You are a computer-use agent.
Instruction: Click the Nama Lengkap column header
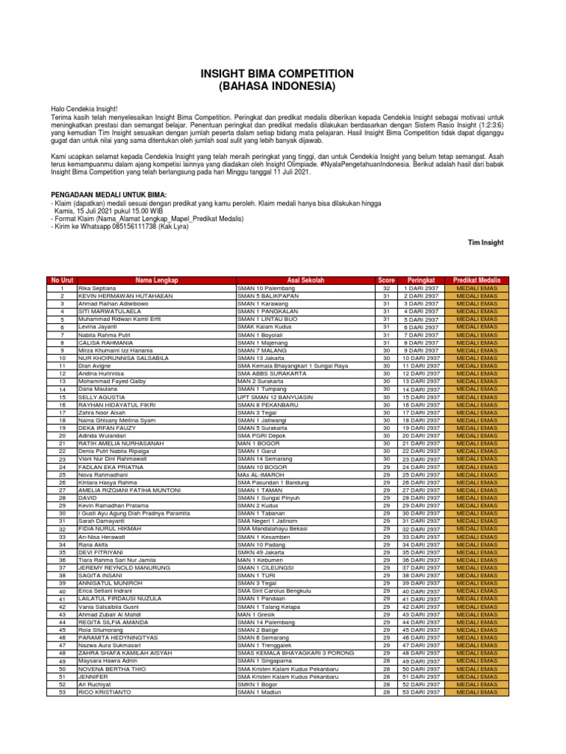(156, 281)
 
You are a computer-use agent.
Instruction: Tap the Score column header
(386, 281)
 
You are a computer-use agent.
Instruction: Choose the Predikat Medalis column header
(477, 281)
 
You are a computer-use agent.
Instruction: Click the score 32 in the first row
(386, 288)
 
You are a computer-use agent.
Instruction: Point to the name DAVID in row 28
(88, 498)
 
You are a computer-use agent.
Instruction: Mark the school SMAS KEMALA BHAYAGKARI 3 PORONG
(296, 653)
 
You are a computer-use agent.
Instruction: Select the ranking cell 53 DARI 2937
(422, 692)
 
